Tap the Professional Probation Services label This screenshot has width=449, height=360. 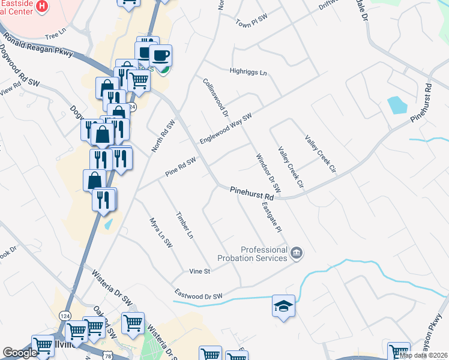pos(264,254)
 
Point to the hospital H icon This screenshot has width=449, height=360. pos(41,7)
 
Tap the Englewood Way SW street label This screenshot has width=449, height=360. pos(225,128)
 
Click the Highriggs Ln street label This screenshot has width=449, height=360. pos(248,72)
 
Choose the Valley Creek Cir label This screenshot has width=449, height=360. pos(320,154)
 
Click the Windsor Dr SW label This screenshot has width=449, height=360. pos(264,173)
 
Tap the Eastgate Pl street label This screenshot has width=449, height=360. pos(271,217)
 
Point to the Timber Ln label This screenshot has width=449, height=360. pos(184,225)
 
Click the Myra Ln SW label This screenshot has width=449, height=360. pos(160,233)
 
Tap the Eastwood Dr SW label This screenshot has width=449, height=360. pos(199,295)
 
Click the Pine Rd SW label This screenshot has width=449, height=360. pos(181,168)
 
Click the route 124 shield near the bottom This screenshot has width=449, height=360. pos(65,315)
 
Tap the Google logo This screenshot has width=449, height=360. pos(20,353)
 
